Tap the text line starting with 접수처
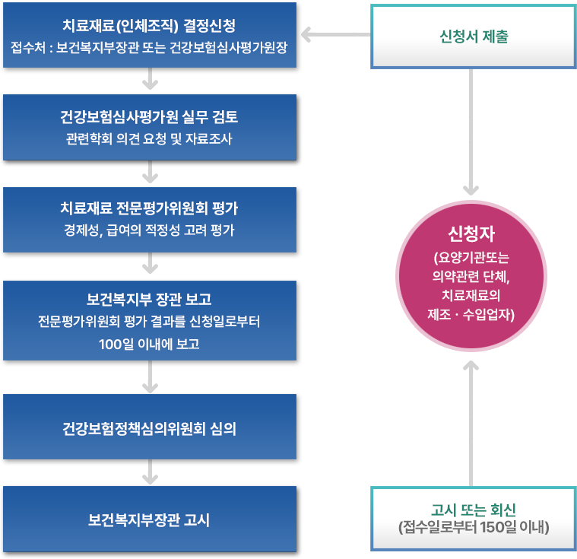[150, 49]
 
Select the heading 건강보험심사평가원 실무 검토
[150, 118]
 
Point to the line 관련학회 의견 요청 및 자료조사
[150, 139]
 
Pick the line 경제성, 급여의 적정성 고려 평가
[150, 230]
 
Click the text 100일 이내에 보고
[150, 343]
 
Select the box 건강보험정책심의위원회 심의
[150, 428]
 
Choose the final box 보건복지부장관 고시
[150, 521]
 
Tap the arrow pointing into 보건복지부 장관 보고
[151, 265]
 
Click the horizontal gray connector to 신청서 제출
[335, 34]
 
